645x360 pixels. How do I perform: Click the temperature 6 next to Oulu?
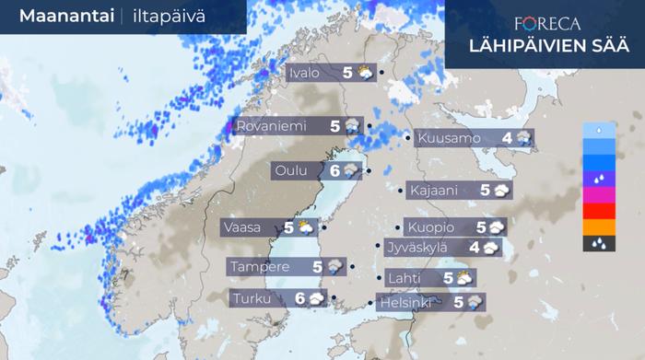click(x=334, y=170)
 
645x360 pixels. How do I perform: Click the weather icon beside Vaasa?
click(x=304, y=226)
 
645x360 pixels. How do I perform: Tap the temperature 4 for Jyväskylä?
click(x=474, y=247)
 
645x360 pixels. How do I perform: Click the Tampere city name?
click(x=261, y=267)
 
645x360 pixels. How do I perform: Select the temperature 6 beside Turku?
click(x=300, y=298)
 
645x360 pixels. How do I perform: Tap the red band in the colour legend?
click(x=599, y=211)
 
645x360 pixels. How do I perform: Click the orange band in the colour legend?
click(x=599, y=227)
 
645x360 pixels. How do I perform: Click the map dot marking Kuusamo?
click(x=408, y=139)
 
